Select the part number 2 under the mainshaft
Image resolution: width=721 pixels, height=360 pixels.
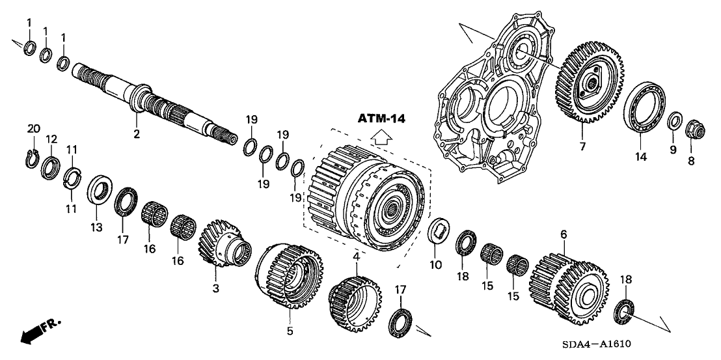point(136,134)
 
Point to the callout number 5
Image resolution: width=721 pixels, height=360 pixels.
point(290,331)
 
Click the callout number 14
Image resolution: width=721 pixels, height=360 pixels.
point(641,157)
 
